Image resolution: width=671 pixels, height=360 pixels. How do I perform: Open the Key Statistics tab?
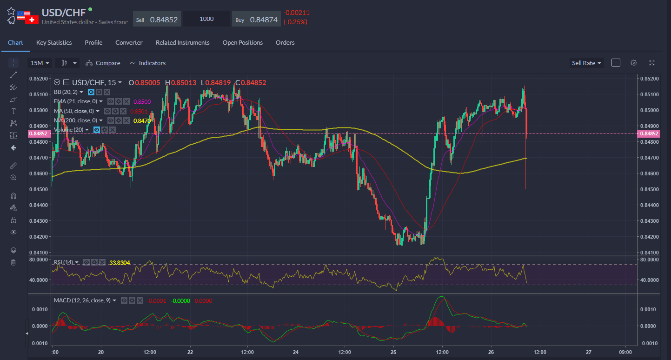click(54, 42)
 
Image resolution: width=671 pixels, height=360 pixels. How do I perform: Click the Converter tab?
click(129, 42)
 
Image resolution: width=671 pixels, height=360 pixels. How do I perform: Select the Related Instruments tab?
click(182, 42)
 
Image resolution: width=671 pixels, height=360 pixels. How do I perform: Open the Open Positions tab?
click(242, 42)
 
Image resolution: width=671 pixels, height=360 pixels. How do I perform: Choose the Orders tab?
click(285, 42)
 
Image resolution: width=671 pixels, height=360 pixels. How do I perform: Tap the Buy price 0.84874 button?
click(256, 19)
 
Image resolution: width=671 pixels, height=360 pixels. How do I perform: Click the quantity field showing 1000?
click(206, 19)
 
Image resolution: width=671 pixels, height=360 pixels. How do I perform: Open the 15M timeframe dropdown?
click(39, 63)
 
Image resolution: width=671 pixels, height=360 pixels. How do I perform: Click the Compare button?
click(103, 63)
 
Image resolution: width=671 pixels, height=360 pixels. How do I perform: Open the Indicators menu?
click(147, 63)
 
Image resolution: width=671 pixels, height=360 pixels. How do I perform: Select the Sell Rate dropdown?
click(586, 63)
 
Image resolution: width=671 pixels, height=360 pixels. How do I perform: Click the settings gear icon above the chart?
click(634, 63)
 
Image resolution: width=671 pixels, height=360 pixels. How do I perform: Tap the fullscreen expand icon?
click(652, 63)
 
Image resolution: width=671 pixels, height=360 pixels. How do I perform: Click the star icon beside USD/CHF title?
click(11, 11)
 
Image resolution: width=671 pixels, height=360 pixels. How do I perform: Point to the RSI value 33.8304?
click(120, 263)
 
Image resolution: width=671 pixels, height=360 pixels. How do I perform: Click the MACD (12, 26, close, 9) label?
click(82, 300)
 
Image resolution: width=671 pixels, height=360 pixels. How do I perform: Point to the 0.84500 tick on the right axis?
click(649, 189)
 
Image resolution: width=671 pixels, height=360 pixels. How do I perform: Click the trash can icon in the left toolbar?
click(13, 262)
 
